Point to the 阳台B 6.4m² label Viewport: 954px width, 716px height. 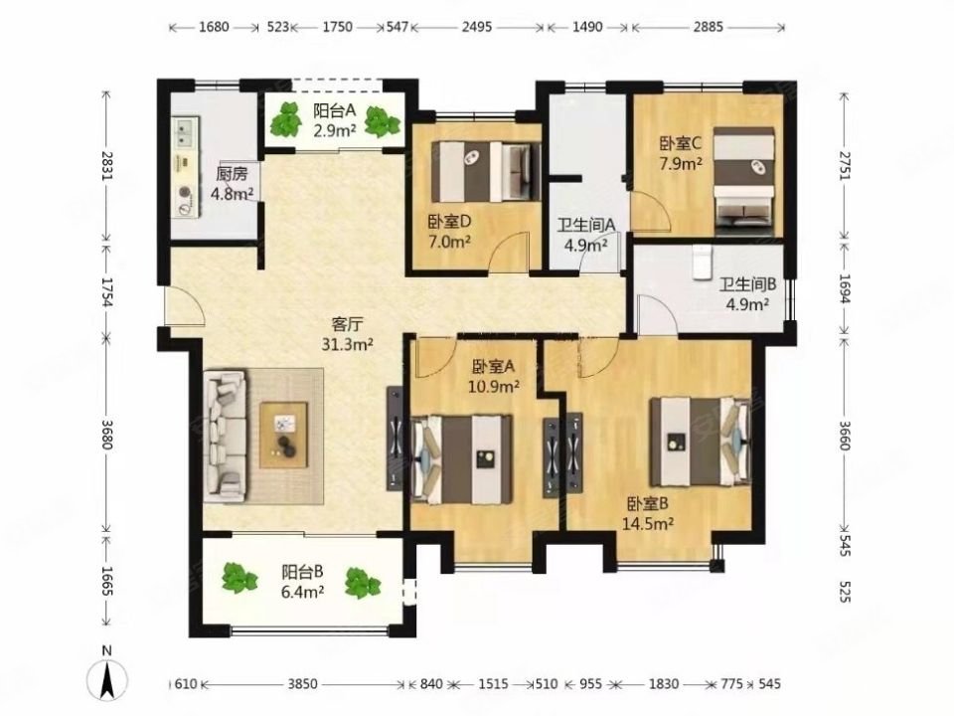point(303,582)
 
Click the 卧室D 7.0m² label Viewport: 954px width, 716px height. point(449,231)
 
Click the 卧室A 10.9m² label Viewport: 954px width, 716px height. point(495,376)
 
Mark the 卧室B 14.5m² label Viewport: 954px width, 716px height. point(651,512)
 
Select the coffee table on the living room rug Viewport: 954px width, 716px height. point(284,435)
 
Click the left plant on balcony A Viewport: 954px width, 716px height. point(288,120)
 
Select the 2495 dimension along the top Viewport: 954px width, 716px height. point(478,28)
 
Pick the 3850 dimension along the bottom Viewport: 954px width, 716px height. point(302,684)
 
